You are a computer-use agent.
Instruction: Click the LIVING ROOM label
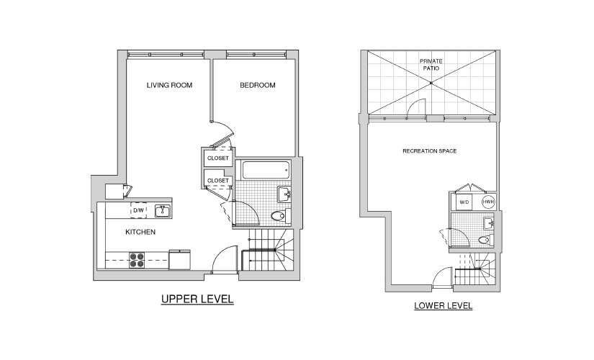click(169, 85)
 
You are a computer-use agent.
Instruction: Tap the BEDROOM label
click(258, 85)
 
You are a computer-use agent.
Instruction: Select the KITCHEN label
click(140, 232)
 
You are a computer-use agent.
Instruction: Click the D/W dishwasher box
click(139, 210)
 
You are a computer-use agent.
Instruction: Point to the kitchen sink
click(163, 211)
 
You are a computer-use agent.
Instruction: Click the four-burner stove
click(137, 261)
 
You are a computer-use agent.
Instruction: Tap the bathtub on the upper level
click(266, 171)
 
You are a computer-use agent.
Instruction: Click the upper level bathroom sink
click(284, 194)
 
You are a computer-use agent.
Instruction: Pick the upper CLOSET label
click(218, 158)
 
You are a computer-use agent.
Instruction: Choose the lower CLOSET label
click(218, 181)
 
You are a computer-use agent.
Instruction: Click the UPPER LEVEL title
click(197, 299)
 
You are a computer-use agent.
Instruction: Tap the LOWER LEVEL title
click(444, 306)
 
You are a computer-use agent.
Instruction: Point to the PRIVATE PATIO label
click(431, 65)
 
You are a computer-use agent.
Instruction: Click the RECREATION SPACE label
click(430, 150)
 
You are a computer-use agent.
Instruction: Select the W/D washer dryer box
click(464, 202)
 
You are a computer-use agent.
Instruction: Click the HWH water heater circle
click(488, 202)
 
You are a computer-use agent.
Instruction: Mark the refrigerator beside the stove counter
click(179, 259)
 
